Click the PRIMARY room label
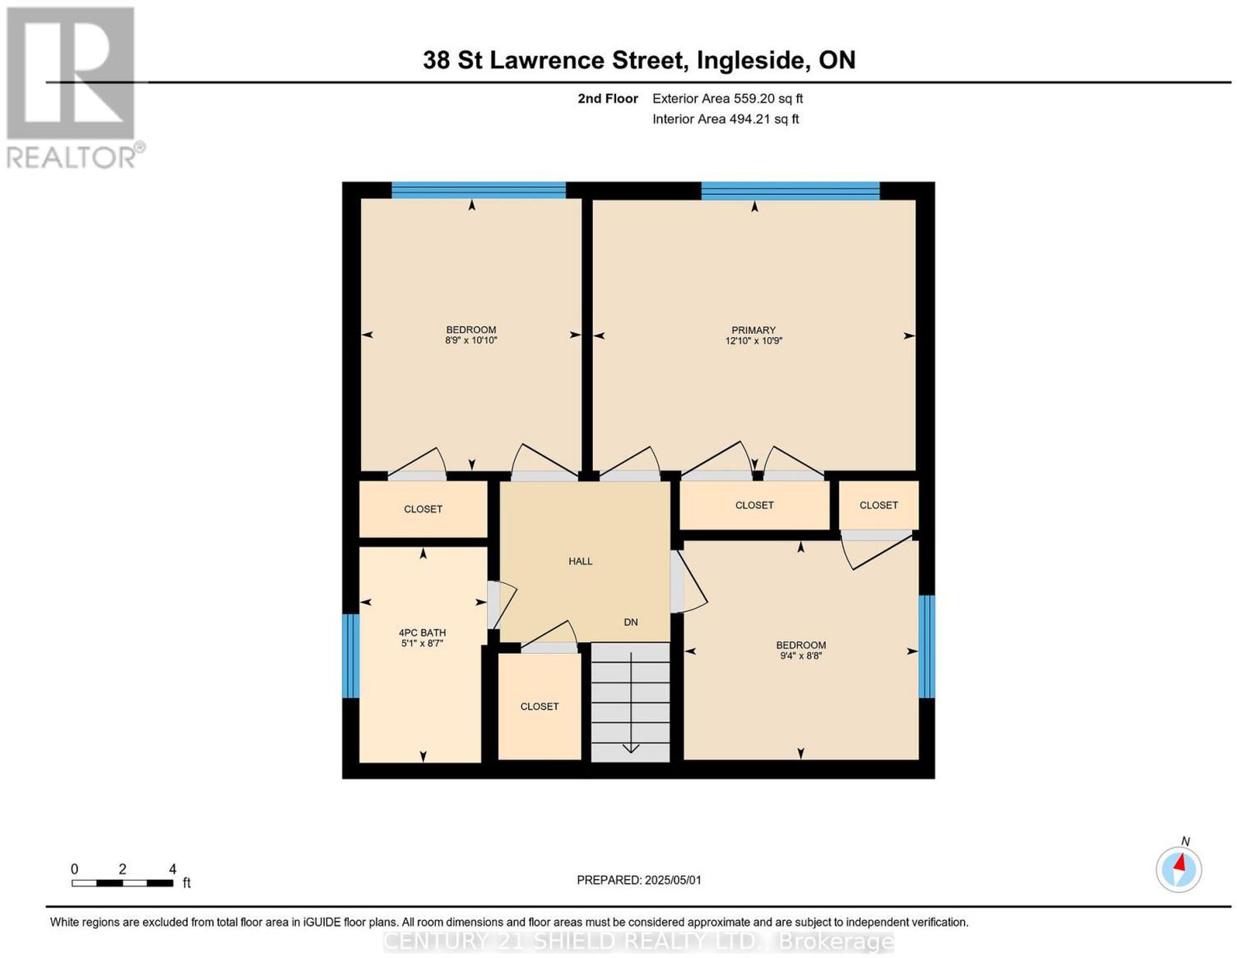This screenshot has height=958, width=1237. coord(752,330)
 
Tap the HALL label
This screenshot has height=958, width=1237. coord(580,561)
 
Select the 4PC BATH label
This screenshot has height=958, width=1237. coord(422,632)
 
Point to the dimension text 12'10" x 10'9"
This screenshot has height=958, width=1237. coord(752,341)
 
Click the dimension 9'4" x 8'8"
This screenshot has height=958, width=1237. coord(801,655)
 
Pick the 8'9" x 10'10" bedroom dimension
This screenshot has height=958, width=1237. coord(472,340)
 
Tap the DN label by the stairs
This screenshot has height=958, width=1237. coord(631,622)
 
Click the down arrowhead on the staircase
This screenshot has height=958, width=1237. coord(631,748)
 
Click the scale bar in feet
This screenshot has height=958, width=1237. coord(123,883)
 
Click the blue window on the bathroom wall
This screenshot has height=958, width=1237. coord(350,656)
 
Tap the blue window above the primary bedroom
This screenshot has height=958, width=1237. coord(790,191)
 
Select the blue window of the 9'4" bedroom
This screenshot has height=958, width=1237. coord(926,646)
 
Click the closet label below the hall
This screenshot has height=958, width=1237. coord(539,707)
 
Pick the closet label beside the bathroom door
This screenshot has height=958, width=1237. coord(422,509)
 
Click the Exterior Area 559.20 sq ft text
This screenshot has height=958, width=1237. coord(727,98)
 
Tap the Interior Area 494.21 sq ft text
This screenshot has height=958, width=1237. coord(725,119)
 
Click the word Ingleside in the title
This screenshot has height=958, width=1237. coord(754,60)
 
